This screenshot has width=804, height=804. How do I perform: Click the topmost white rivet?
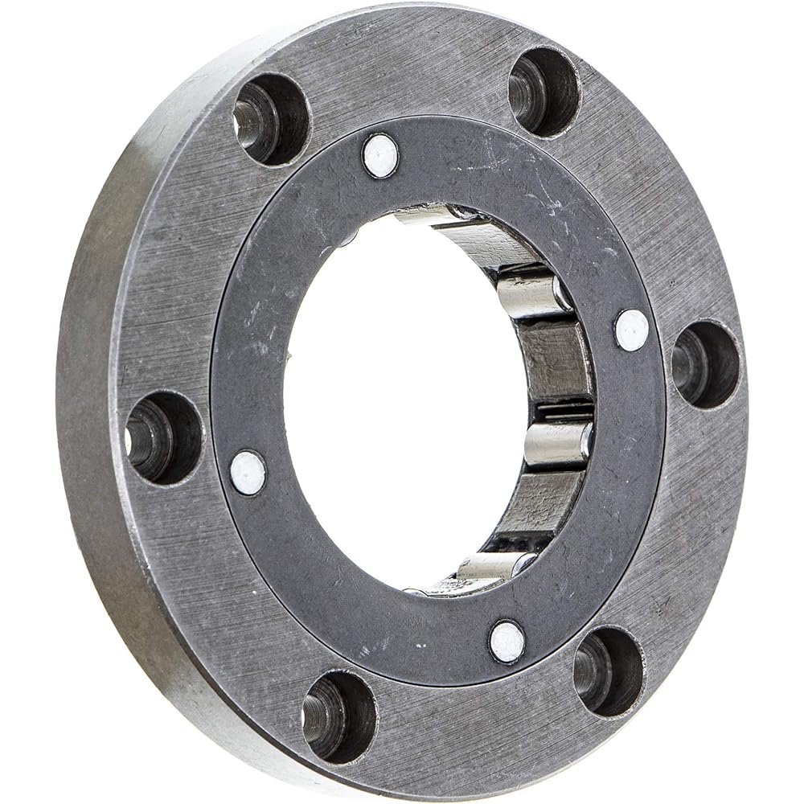click(380, 156)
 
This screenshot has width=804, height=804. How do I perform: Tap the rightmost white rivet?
click(631, 330)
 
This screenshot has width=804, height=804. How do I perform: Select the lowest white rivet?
click(507, 642)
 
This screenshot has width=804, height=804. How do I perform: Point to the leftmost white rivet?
click(248, 473)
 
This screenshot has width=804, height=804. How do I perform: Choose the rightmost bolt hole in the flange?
click(705, 363)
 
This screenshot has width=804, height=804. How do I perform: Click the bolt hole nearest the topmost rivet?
click(271, 119)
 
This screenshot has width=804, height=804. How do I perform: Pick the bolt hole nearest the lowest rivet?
click(608, 671)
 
